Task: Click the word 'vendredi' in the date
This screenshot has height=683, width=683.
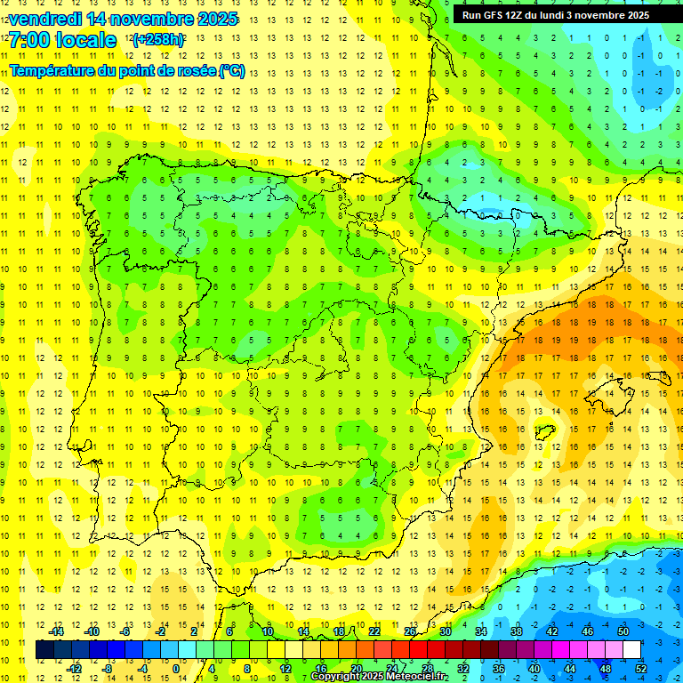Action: (x=41, y=19)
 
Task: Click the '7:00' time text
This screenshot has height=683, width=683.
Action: (x=30, y=40)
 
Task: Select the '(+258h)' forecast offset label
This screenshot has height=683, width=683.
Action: (x=158, y=40)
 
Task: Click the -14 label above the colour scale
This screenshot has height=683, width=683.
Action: (x=56, y=631)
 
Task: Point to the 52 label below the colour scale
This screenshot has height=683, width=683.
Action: (x=641, y=668)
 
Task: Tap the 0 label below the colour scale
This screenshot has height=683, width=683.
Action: (x=176, y=668)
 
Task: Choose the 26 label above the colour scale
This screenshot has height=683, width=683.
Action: (x=410, y=631)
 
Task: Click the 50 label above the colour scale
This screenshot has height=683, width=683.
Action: (x=623, y=631)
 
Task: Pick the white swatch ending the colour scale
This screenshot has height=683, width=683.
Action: (x=631, y=650)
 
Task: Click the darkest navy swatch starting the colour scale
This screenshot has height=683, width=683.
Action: (x=44, y=650)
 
